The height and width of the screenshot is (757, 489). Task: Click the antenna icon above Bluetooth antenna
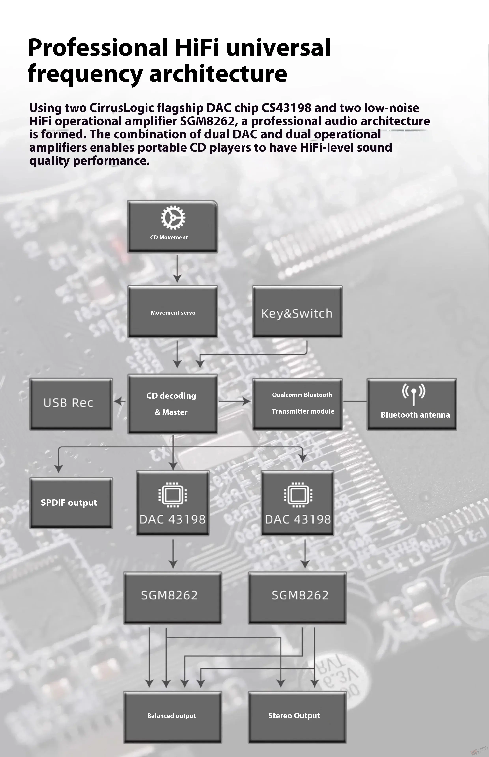(413, 394)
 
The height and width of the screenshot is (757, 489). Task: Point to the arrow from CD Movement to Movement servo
(177, 268)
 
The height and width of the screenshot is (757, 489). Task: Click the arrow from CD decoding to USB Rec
(120, 401)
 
